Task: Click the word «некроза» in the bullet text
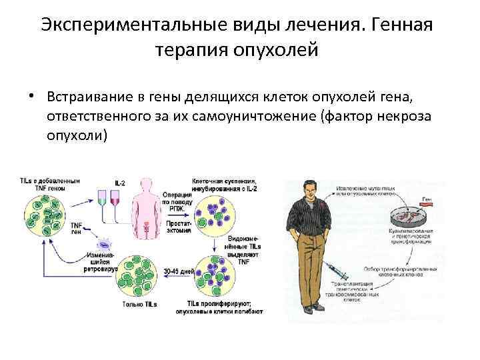tap(403, 116)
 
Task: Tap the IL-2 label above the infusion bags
tap(120, 183)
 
